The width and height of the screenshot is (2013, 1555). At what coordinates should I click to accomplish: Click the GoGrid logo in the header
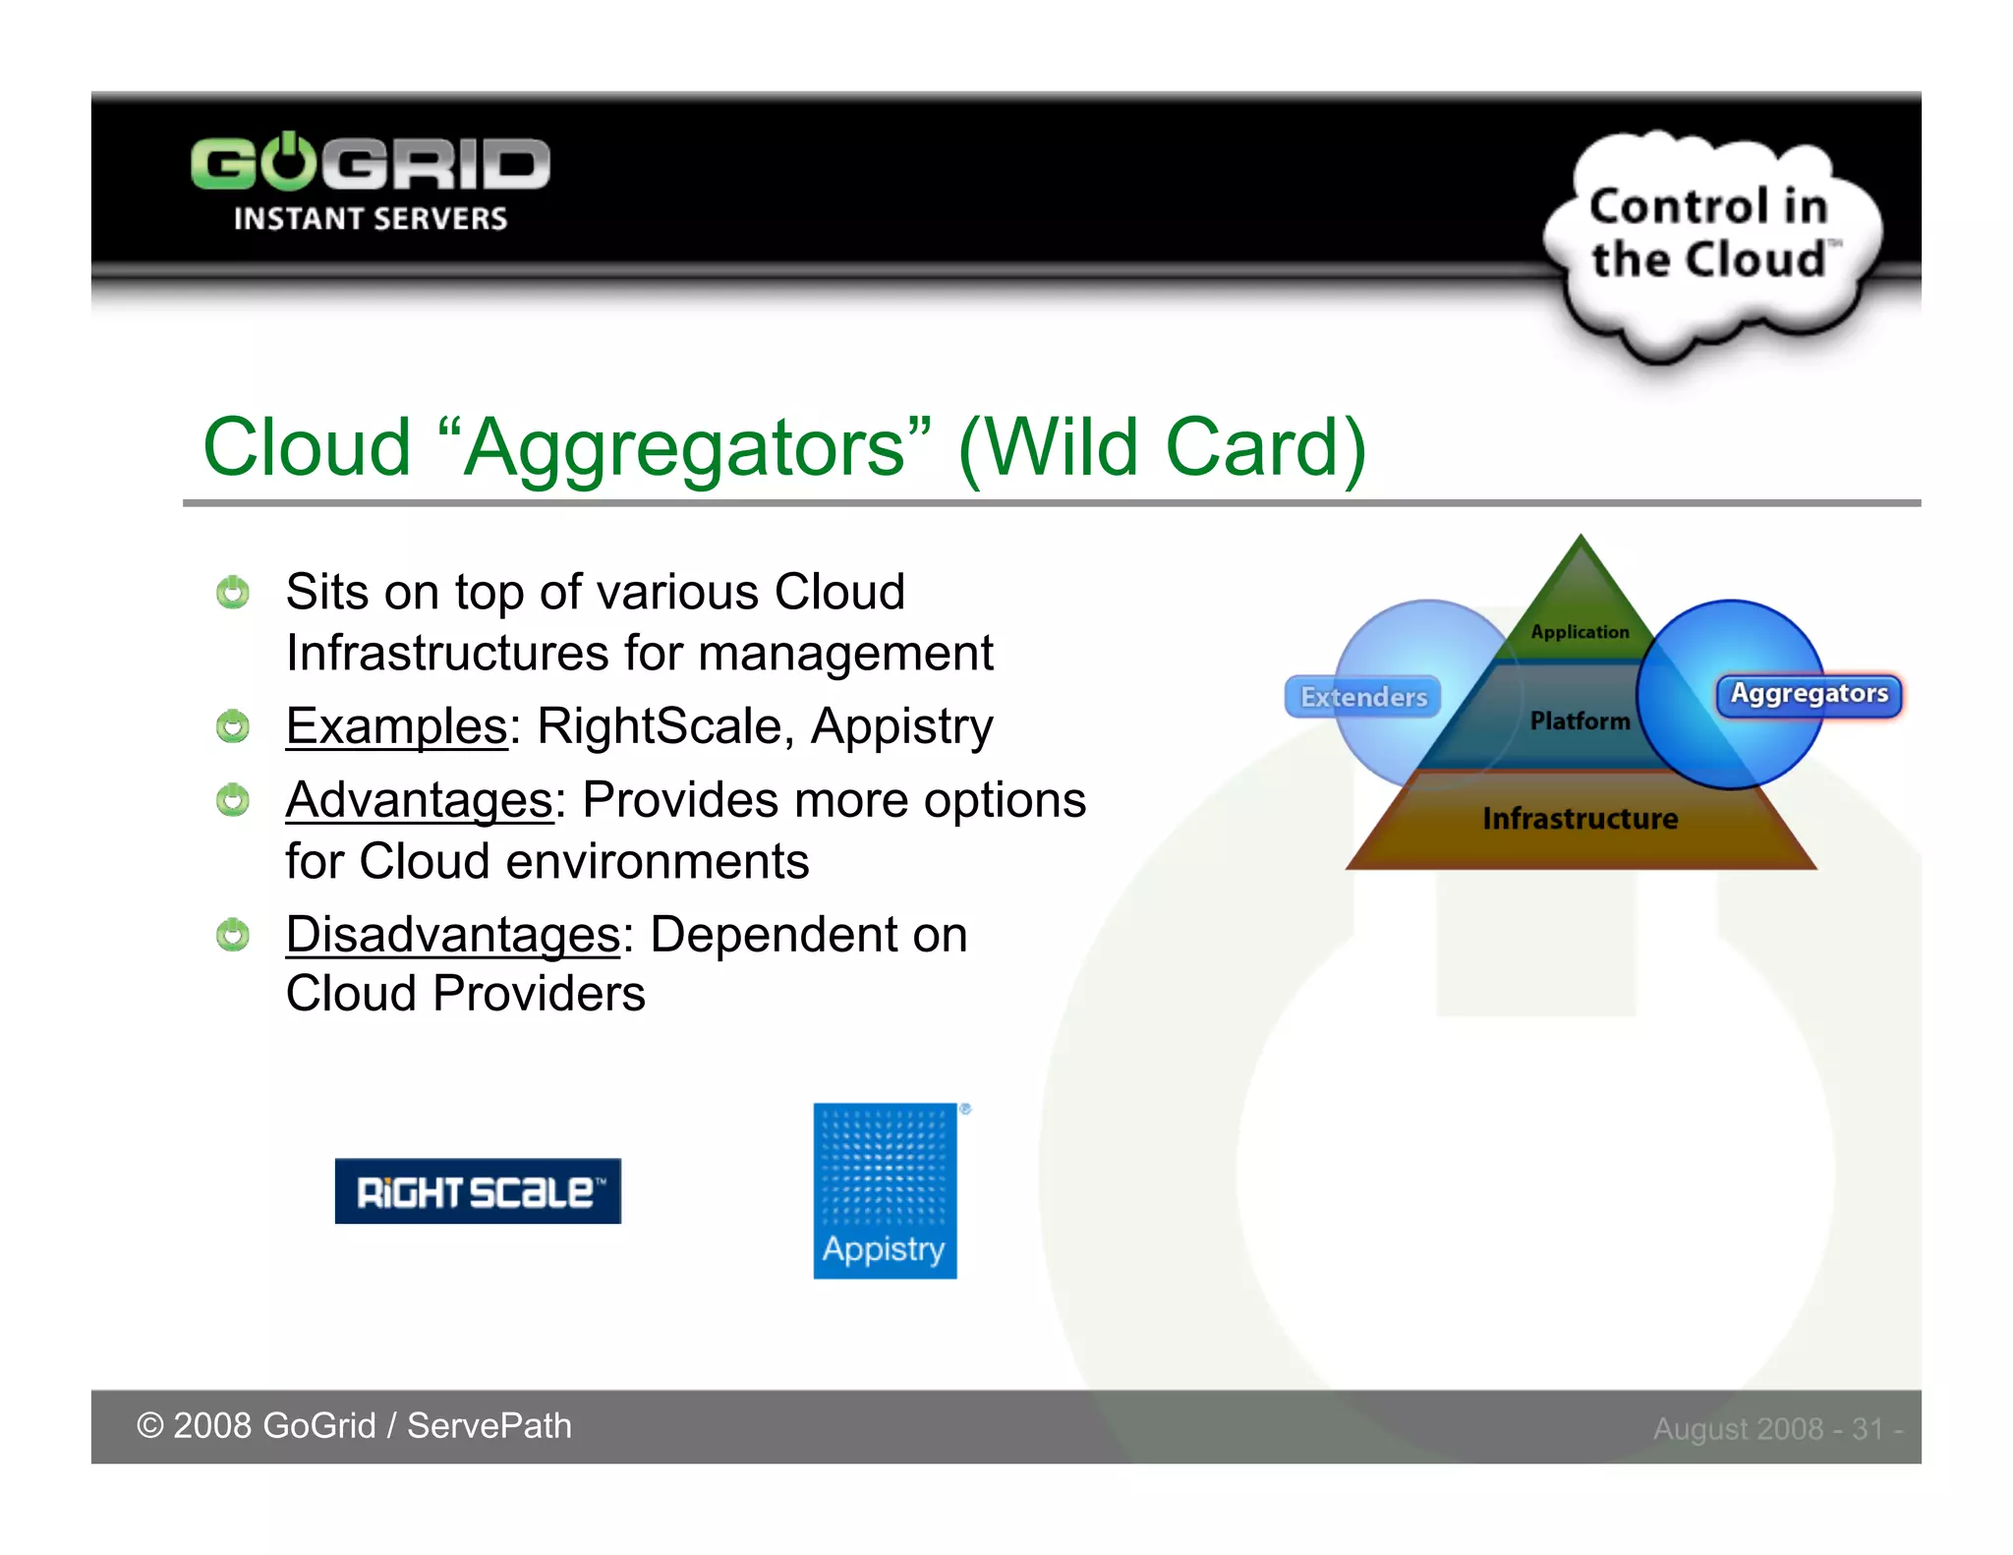pos(370,163)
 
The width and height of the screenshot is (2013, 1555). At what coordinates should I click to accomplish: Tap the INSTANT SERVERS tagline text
pos(370,219)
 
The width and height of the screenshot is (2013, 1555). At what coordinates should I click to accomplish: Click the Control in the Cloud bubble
pos(1710,236)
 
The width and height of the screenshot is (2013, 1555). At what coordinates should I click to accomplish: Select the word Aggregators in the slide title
pos(685,447)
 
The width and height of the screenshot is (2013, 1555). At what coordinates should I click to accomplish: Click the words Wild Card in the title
pos(1163,447)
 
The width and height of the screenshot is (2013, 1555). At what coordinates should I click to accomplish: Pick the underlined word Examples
pos(396,726)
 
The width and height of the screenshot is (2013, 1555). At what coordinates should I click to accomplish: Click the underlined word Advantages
pos(420,800)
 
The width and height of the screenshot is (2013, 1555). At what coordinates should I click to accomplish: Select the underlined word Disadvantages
pos(453,934)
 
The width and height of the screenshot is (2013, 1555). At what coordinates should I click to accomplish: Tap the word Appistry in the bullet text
pos(901,726)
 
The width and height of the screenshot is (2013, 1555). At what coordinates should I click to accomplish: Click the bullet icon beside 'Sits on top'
pos(233,593)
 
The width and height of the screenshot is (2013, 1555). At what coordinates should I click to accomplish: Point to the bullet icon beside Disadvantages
pos(233,935)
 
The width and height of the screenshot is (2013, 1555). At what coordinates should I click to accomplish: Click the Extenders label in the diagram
pos(1363,697)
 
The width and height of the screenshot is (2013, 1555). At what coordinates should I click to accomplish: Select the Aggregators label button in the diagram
pos(1809,694)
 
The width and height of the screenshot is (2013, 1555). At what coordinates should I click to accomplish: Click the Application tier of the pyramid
pos(1580,631)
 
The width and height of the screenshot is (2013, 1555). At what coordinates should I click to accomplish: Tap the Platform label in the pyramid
pos(1580,720)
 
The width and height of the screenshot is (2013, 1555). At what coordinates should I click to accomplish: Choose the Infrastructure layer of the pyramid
pos(1580,819)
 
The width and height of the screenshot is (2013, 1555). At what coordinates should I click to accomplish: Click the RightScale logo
pos(478,1191)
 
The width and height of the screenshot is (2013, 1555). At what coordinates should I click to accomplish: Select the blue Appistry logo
pos(885,1191)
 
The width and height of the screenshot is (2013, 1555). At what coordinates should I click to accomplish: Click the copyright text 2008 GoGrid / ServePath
pos(354,1426)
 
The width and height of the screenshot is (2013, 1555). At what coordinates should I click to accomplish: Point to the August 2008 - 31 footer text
pos(1777,1428)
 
